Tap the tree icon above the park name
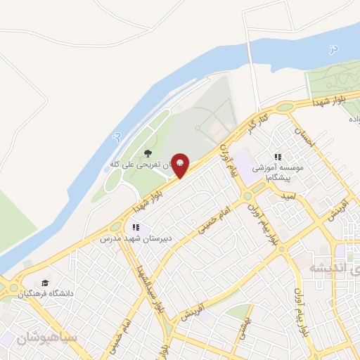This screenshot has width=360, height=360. pyautogui.click(x=147, y=153)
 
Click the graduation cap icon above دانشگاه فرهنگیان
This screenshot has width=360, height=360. pyautogui.click(x=46, y=281)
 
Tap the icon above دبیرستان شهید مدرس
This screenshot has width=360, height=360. pyautogui.click(x=136, y=227)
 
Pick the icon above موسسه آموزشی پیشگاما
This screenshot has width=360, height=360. pyautogui.click(x=278, y=157)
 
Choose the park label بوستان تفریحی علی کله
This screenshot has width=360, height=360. pyautogui.click(x=141, y=165)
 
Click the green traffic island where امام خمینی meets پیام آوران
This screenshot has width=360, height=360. pyautogui.click(x=248, y=195)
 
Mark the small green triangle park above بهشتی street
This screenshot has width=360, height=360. pyautogui.click(x=240, y=310)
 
